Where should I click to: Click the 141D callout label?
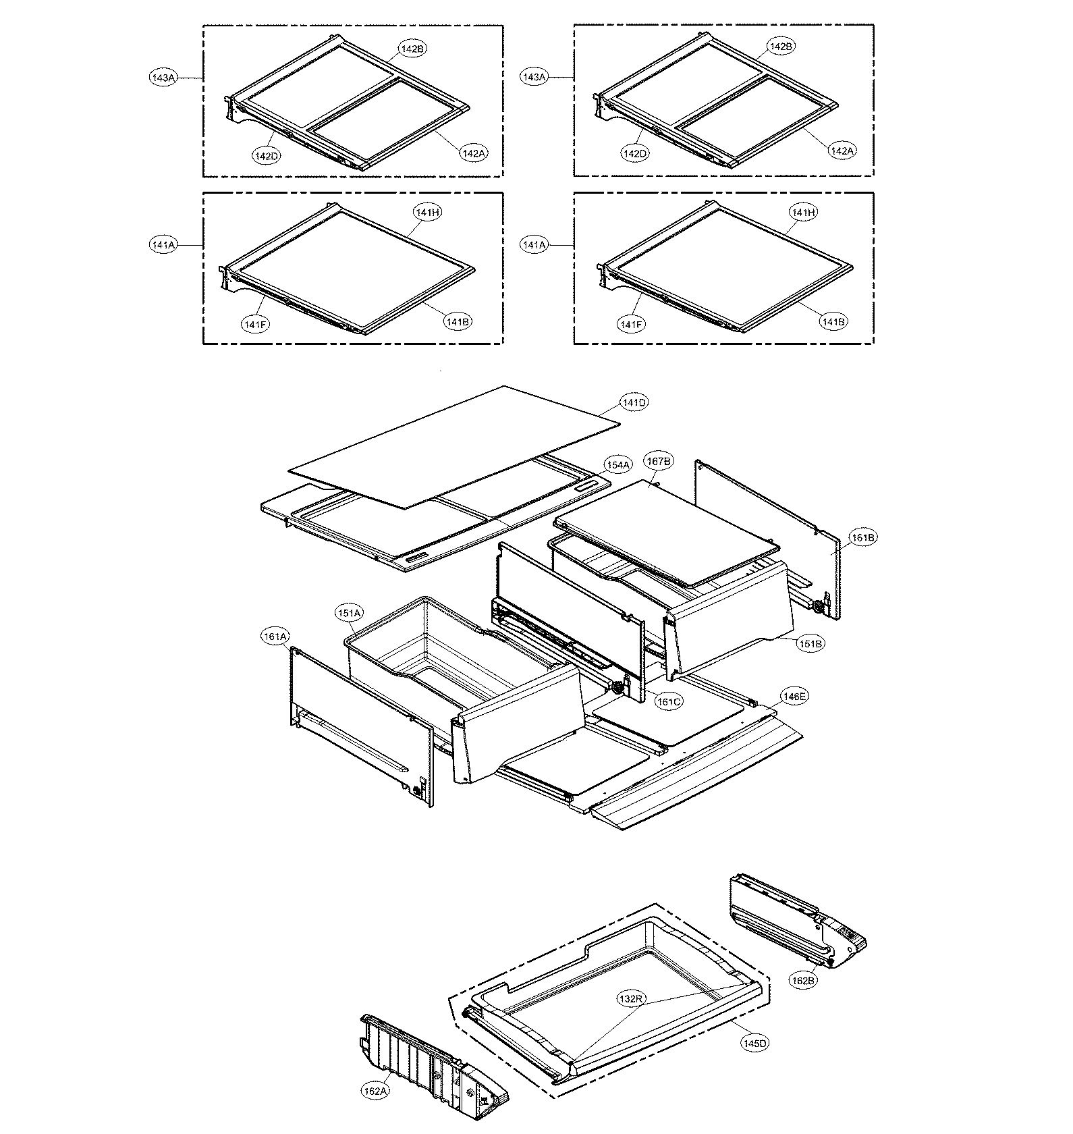click(634, 402)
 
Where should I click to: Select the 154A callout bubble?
click(617, 465)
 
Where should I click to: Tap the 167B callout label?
click(659, 462)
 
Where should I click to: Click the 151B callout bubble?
click(810, 644)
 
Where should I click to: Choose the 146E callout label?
click(794, 696)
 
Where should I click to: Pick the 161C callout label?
click(669, 702)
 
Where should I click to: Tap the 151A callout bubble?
click(350, 613)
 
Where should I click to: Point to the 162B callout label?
click(802, 980)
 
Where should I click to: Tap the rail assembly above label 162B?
click(790, 918)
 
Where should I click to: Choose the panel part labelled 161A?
click(358, 715)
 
